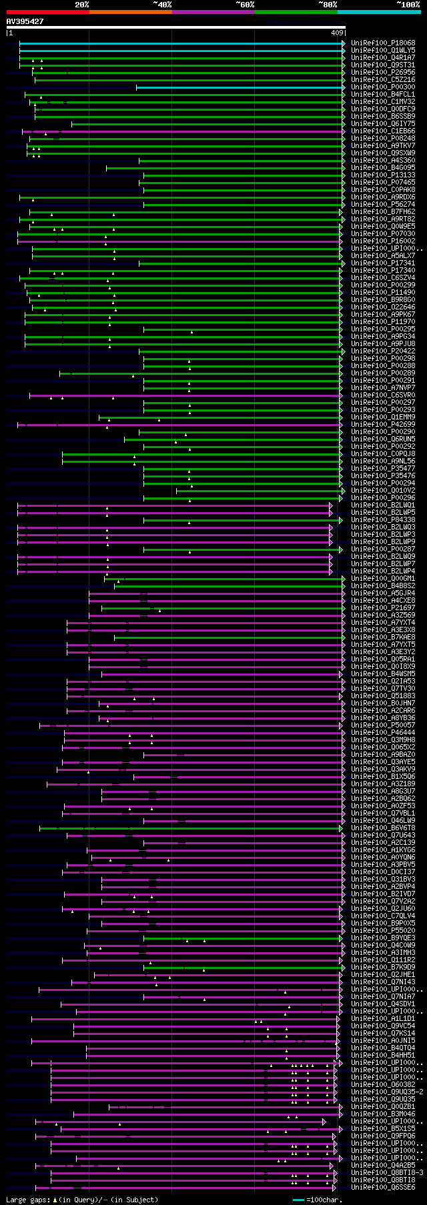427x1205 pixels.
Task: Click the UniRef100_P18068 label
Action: click(x=383, y=43)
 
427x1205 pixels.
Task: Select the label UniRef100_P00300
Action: click(x=383, y=87)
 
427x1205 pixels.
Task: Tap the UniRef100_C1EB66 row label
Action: click(x=383, y=131)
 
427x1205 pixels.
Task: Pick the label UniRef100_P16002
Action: click(x=383, y=241)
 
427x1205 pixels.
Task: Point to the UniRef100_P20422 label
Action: click(x=383, y=351)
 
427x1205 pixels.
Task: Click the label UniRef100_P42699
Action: click(x=383, y=425)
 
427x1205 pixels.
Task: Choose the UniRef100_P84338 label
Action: click(x=383, y=520)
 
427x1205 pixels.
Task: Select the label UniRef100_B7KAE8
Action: click(x=383, y=638)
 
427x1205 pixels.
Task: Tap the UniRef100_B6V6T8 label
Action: click(x=383, y=828)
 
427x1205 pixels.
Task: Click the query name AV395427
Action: click(x=25, y=21)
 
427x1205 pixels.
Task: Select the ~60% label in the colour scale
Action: click(x=245, y=5)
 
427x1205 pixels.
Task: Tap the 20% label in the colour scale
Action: click(x=81, y=5)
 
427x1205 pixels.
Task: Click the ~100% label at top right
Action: click(x=408, y=5)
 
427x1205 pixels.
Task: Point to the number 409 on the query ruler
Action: click(x=337, y=33)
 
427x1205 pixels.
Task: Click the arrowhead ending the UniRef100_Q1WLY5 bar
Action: click(x=344, y=51)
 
